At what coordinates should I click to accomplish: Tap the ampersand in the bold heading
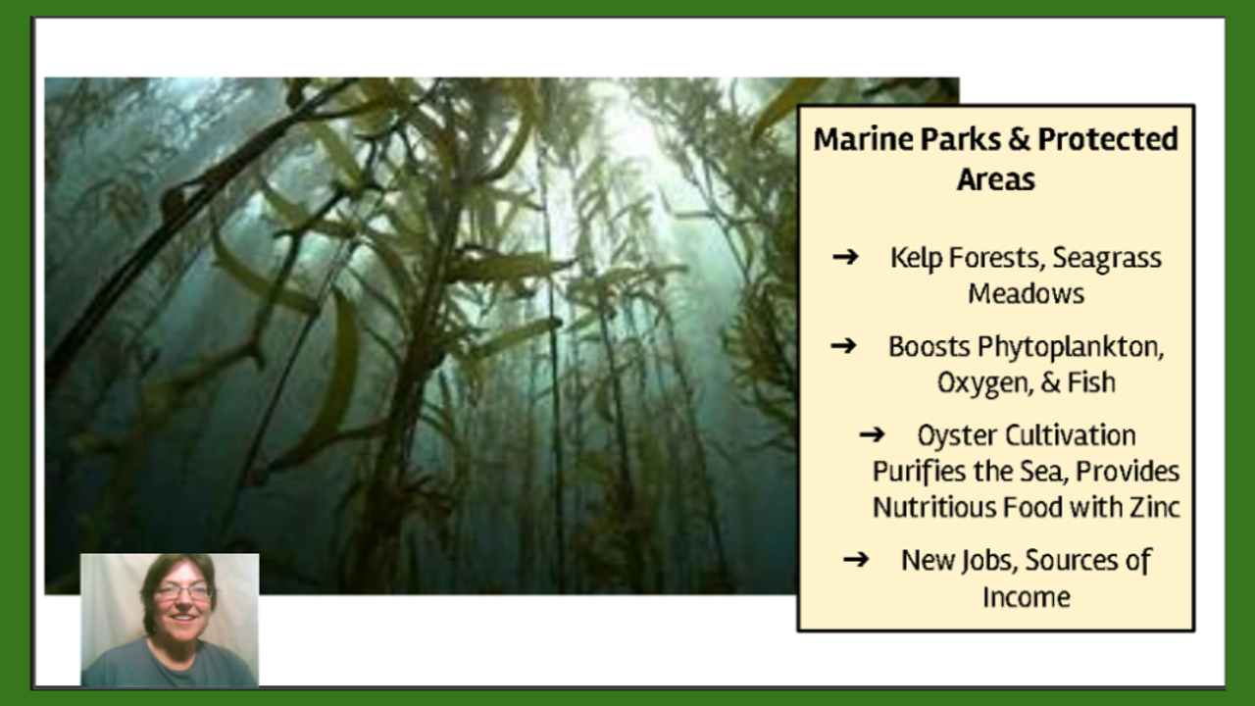tap(1020, 139)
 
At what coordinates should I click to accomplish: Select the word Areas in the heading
tap(996, 179)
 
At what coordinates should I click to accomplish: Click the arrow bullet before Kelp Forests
tap(845, 257)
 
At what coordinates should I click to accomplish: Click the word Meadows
tap(1026, 293)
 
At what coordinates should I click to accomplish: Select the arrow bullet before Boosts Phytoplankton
tap(843, 346)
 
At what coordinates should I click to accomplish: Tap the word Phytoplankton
tap(1071, 348)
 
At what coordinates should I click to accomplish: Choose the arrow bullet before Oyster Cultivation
tap(872, 434)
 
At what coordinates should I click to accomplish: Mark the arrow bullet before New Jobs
tap(856, 559)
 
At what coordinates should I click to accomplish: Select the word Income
tap(1027, 597)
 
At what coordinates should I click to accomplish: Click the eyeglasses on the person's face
tap(182, 591)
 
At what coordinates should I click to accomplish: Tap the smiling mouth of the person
tap(182, 618)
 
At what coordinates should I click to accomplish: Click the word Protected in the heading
tap(1108, 139)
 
